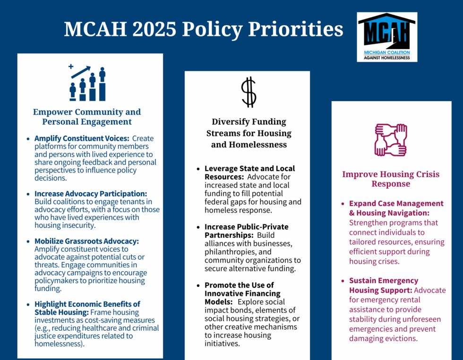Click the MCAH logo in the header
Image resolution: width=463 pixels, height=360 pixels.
click(387, 37)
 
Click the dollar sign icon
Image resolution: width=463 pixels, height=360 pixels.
click(249, 92)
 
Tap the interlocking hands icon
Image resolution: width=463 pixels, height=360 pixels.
click(391, 140)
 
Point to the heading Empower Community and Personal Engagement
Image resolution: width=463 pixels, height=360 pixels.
click(87, 117)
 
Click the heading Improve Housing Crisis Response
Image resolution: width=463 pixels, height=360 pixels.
click(391, 179)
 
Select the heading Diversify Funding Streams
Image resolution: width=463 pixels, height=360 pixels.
click(249, 133)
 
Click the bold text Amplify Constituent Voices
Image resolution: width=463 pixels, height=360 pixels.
click(81, 138)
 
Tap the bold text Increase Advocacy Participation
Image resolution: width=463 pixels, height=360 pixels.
click(91, 194)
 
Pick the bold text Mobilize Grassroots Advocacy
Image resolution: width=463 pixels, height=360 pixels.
click(86, 241)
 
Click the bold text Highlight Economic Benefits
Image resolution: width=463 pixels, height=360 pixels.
click(87, 304)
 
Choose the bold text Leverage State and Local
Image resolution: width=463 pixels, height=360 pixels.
click(249, 169)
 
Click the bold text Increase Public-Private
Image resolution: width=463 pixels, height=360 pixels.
click(246, 227)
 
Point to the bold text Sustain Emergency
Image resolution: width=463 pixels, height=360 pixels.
click(384, 281)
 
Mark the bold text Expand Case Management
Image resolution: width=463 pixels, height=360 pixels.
click(396, 203)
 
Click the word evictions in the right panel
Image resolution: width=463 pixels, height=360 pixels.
click(398, 338)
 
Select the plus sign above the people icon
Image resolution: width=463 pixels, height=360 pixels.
click(71, 67)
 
